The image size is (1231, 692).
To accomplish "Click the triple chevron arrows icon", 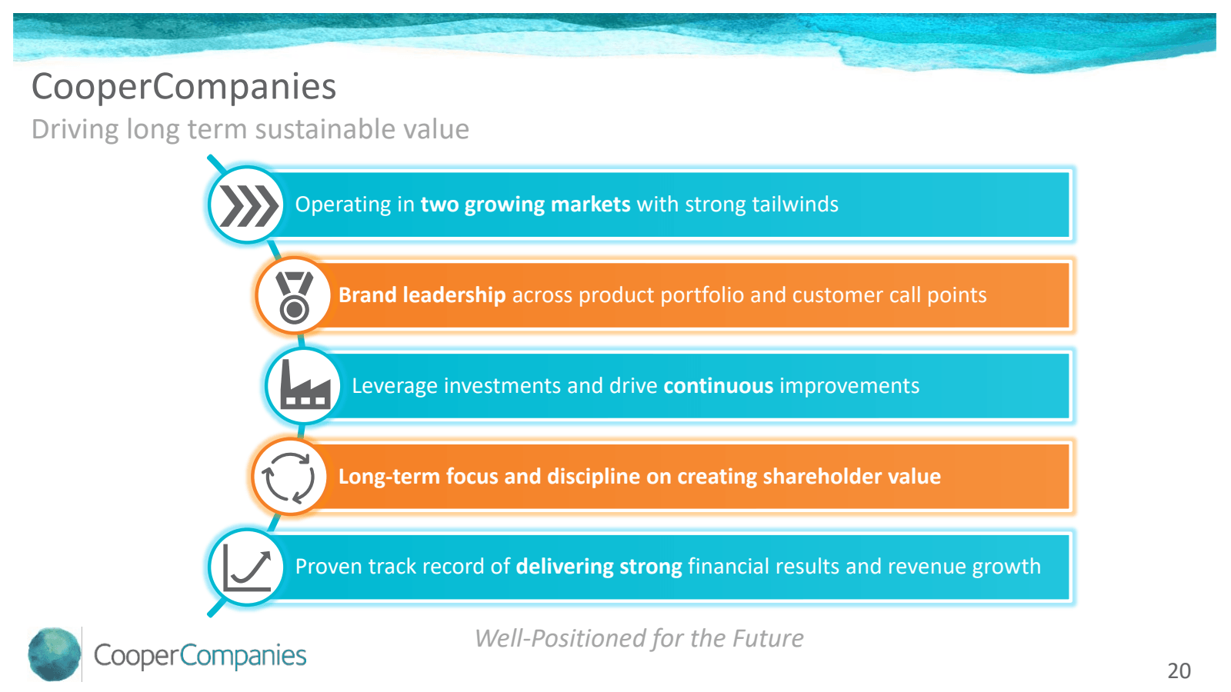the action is click(x=249, y=205).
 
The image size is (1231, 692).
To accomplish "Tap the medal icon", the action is click(x=294, y=297).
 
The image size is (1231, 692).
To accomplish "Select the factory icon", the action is click(x=305, y=385).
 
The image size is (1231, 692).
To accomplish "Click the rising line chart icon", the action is click(x=247, y=571).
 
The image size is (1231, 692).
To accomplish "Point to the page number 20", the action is click(x=1179, y=670).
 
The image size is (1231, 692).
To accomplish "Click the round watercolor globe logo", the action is click(x=54, y=654).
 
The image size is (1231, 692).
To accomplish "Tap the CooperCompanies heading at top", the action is click(x=184, y=87).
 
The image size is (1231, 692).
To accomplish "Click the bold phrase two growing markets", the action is click(x=525, y=205).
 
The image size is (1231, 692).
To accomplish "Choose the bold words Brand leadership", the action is click(x=422, y=295).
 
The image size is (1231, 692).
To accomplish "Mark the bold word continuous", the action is click(x=719, y=385).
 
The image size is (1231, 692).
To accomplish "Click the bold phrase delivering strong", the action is click(x=599, y=567).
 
